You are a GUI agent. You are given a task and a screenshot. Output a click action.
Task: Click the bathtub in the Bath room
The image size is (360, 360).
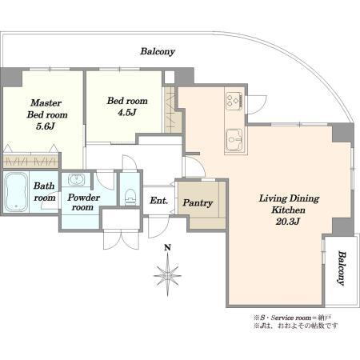tap(16, 192)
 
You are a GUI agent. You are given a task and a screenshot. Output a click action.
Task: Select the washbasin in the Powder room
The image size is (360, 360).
tap(77, 179)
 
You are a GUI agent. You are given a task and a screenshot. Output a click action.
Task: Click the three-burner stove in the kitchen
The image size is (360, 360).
tap(234, 101)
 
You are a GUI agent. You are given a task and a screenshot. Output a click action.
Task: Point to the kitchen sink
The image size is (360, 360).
tap(234, 140)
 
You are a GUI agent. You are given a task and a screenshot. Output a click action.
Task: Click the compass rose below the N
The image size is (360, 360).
tap(167, 274)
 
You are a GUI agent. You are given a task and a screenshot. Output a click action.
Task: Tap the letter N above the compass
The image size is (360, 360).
tap(167, 248)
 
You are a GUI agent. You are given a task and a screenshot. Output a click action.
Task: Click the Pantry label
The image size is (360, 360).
tap(198, 203)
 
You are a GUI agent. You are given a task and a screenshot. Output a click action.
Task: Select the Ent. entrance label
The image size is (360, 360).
tap(158, 201)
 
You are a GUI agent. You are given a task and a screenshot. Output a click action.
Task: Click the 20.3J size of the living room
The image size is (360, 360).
tap(288, 222)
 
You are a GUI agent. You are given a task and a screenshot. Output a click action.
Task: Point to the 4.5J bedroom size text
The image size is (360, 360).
tap(127, 113)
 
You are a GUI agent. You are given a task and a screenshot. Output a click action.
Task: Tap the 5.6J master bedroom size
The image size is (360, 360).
tap(46, 126)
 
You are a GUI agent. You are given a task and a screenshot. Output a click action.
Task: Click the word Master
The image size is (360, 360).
tap(46, 102)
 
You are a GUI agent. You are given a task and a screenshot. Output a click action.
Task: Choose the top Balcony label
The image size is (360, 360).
tap(158, 51)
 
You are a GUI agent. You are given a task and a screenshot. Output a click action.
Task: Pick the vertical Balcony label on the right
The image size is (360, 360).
tap(342, 268)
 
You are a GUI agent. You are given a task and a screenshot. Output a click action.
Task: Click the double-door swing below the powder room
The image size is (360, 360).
tap(122, 239)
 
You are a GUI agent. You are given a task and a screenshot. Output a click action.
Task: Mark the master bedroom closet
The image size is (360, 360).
tap(30, 161)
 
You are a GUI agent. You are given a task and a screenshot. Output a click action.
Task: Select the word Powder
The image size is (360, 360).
tap(83, 198)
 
